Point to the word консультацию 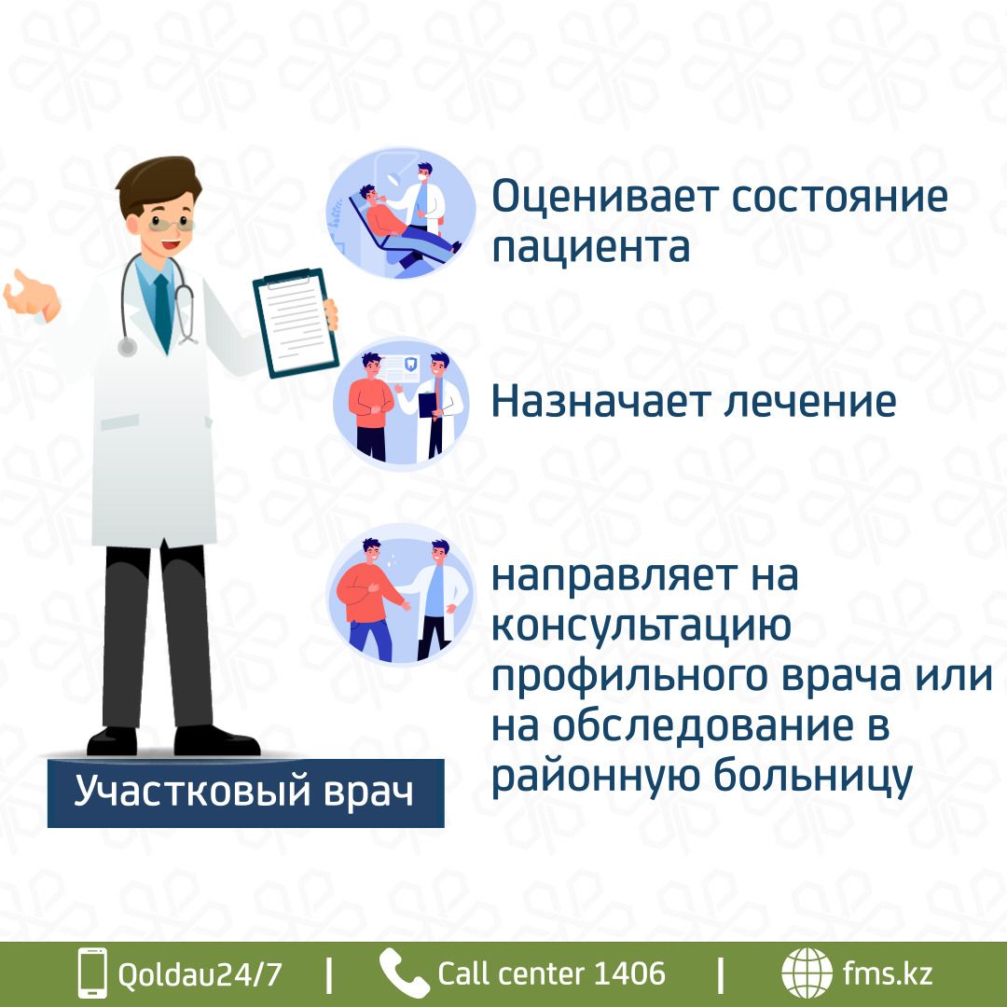point(641,625)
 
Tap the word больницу point(813,777)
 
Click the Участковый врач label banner point(245,793)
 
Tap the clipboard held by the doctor point(296,323)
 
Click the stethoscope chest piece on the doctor point(127,347)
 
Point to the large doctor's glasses point(171,224)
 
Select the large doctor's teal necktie point(164,311)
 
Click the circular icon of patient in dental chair point(401,214)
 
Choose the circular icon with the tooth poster point(401,404)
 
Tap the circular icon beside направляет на point(401,594)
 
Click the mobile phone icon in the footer point(92,973)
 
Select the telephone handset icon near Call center point(404,973)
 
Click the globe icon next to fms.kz point(807,973)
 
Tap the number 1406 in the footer point(629,973)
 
